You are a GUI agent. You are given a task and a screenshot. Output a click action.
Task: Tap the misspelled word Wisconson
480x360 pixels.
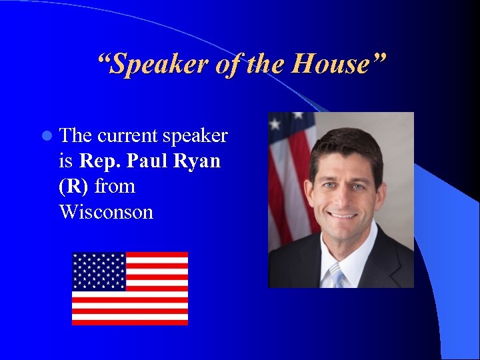coord(106,212)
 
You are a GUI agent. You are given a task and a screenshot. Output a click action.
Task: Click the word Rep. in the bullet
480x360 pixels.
coord(101,161)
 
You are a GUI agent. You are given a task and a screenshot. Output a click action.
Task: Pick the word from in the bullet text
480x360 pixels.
coord(115,187)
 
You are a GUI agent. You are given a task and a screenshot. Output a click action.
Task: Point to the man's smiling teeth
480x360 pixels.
coord(345,216)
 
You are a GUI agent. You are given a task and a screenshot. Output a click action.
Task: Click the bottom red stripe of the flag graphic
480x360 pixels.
coord(130,322)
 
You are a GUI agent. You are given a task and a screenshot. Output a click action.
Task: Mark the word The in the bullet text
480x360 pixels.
coord(75,136)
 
